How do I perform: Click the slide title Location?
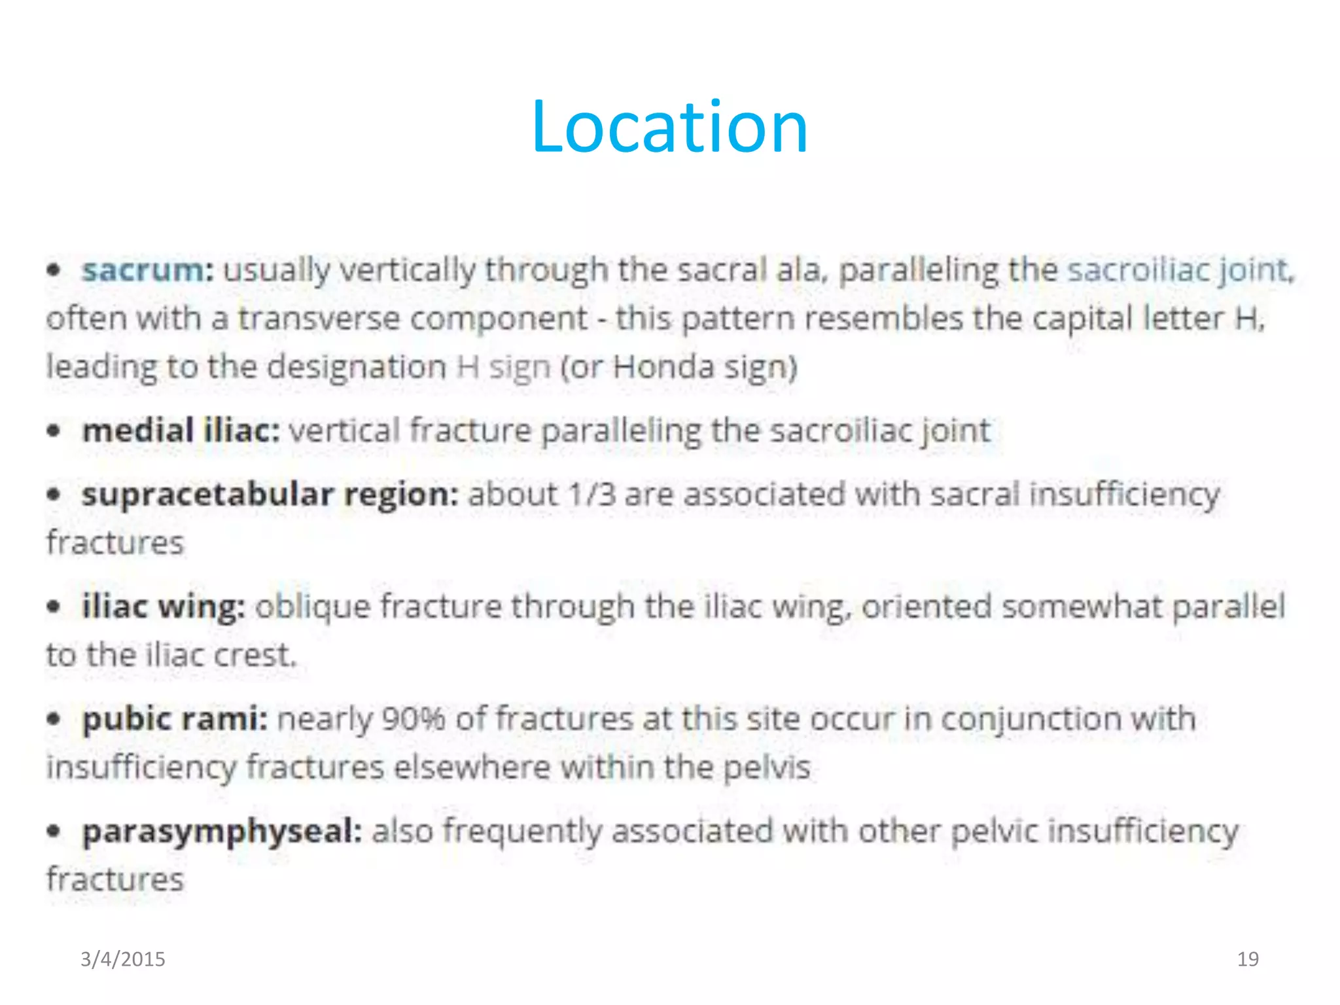[x=670, y=127]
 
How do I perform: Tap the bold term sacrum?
[x=148, y=270]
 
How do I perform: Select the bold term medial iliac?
[x=181, y=431]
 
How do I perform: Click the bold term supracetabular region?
[x=270, y=495]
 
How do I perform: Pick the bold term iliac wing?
[x=164, y=607]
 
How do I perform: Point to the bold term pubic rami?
[x=175, y=719]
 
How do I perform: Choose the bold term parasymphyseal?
[x=222, y=832]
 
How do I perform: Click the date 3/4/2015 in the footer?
[x=123, y=959]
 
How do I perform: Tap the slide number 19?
[x=1248, y=959]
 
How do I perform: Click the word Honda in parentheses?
[x=663, y=367]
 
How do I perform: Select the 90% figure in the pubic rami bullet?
[x=413, y=719]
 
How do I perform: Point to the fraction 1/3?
[x=591, y=495]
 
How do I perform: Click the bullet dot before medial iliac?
[x=54, y=431]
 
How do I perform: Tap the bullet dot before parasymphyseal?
[x=54, y=832]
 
